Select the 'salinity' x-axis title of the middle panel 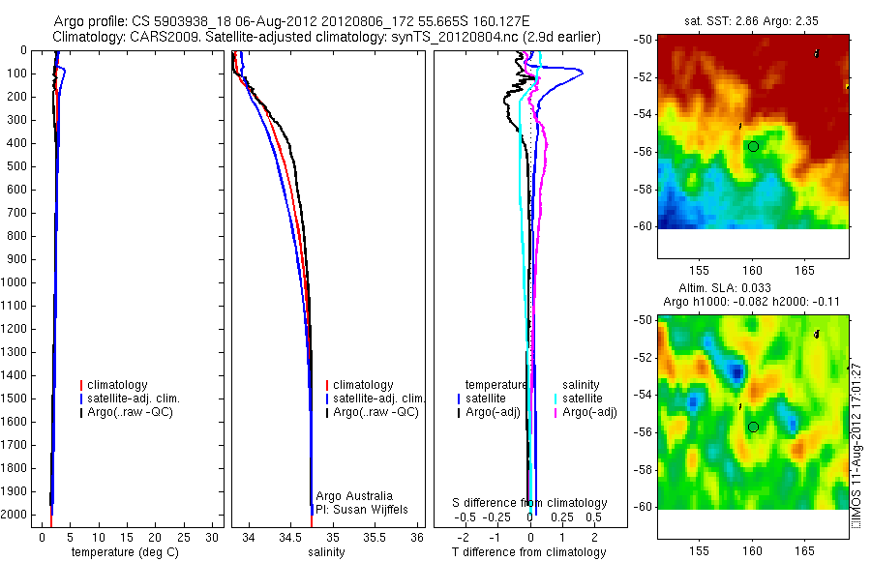327,552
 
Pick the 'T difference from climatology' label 528,552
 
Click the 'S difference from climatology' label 530,503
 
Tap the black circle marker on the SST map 753,145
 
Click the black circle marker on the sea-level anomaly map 753,427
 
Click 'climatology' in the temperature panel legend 118,385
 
